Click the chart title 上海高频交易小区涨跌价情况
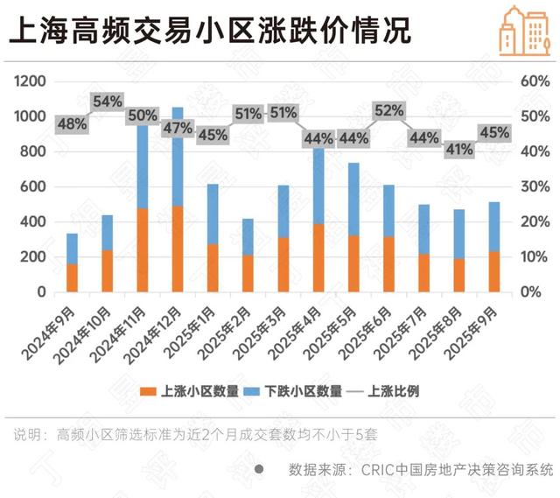click(x=210, y=32)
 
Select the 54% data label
click(x=107, y=102)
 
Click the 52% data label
click(x=388, y=110)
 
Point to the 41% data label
click(x=458, y=149)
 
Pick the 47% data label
click(x=178, y=128)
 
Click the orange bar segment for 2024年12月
click(x=178, y=249)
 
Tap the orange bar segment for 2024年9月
click(x=72, y=277)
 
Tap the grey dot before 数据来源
click(x=258, y=470)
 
